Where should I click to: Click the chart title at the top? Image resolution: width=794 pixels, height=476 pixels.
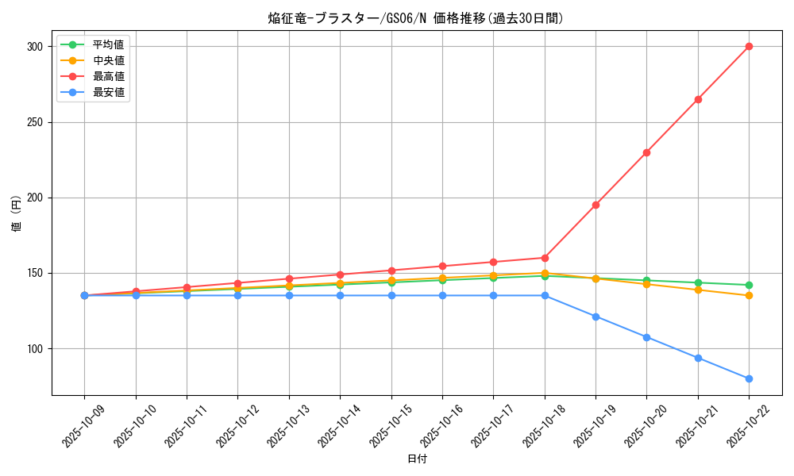pyautogui.click(x=416, y=18)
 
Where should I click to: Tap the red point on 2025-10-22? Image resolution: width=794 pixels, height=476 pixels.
pyautogui.click(x=749, y=46)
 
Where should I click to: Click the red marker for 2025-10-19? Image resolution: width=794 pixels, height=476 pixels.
pyautogui.click(x=595, y=205)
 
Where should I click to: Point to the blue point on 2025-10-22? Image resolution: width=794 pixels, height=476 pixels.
pyautogui.click(x=749, y=378)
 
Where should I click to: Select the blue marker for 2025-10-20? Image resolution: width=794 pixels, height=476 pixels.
pyautogui.click(x=646, y=337)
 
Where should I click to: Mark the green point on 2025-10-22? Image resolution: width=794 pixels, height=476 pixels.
pyautogui.click(x=749, y=285)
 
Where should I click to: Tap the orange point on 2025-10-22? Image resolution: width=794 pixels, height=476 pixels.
pyautogui.click(x=749, y=296)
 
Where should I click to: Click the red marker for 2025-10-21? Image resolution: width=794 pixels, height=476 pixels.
pyautogui.click(x=698, y=99)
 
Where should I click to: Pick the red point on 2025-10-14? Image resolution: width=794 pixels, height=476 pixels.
pyautogui.click(x=340, y=274)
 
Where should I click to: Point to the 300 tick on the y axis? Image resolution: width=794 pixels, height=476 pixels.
pyautogui.click(x=35, y=47)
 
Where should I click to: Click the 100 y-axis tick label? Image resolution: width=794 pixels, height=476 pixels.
pyautogui.click(x=35, y=349)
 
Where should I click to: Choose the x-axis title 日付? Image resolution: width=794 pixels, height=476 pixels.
pyautogui.click(x=416, y=459)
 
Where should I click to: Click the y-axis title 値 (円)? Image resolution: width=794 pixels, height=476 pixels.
pyautogui.click(x=16, y=214)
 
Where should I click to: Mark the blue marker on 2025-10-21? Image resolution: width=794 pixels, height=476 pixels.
pyautogui.click(x=698, y=358)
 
